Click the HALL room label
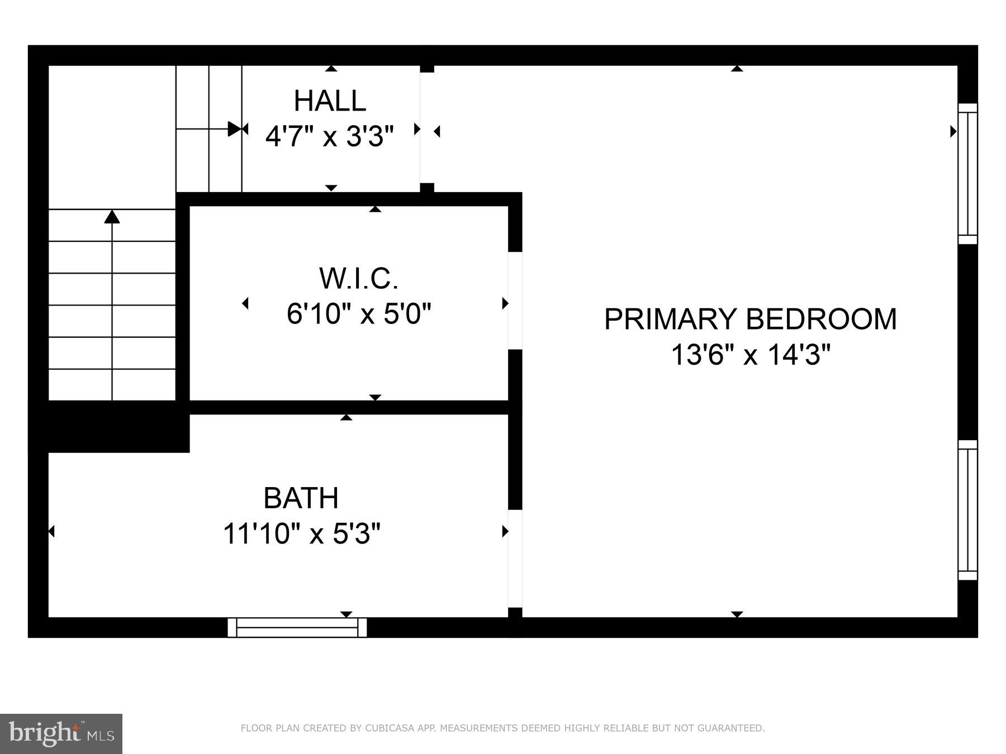[x=330, y=101]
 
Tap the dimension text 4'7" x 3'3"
[x=330, y=136]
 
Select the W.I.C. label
[x=358, y=278]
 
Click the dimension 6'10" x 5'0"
[x=359, y=314]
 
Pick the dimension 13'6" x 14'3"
[x=751, y=354]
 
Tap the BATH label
[x=301, y=498]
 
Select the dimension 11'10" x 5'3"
[x=302, y=533]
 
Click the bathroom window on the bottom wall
[x=297, y=627]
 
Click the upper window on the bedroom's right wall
[x=968, y=174]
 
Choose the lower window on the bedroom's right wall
[x=968, y=510]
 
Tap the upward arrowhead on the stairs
[x=112, y=217]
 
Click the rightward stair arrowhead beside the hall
[x=234, y=129]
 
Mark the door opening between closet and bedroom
[x=515, y=300]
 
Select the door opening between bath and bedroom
[x=515, y=559]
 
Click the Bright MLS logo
[x=61, y=733]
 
